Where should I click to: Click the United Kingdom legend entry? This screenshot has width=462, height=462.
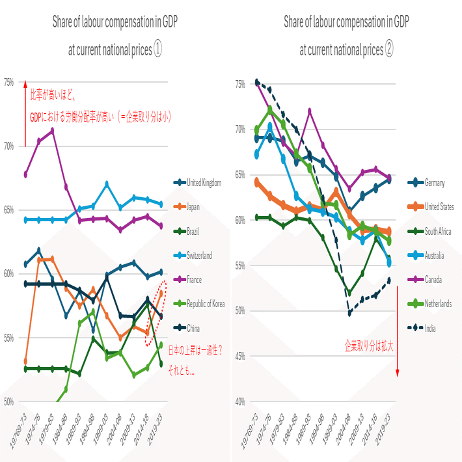coord(203,183)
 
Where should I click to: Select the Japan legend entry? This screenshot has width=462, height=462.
coord(193,207)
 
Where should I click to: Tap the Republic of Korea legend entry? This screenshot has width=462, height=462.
coord(206,304)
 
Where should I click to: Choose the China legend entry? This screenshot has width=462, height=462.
coord(193,328)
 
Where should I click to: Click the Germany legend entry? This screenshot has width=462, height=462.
coord(434,183)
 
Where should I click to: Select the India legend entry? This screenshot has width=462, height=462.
coord(431,328)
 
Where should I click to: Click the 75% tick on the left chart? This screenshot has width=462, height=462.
coord(9,83)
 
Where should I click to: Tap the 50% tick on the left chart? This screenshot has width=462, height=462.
coord(9,401)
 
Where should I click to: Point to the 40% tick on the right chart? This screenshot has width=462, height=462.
coord(240,401)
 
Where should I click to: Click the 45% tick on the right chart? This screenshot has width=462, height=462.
coord(240,356)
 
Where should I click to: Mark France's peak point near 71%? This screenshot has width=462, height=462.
coord(52,130)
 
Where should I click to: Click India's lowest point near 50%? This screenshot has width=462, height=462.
coord(350,313)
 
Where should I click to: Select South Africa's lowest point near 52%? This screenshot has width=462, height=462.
coord(350,293)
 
